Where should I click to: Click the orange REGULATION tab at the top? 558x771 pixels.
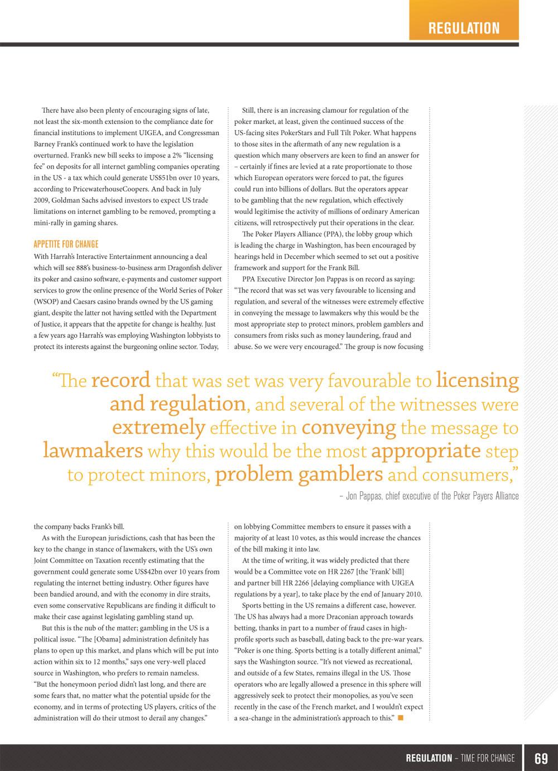point(464,28)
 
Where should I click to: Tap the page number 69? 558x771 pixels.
point(541,758)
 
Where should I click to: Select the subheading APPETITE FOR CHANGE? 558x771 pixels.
point(66,244)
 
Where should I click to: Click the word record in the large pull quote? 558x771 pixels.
point(121,380)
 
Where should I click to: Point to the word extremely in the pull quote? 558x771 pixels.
point(158,428)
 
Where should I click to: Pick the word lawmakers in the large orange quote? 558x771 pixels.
point(93,451)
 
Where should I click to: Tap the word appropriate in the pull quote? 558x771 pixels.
point(426,451)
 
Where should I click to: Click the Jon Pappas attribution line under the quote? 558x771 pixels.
point(429,496)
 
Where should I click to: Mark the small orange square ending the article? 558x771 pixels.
point(401,717)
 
